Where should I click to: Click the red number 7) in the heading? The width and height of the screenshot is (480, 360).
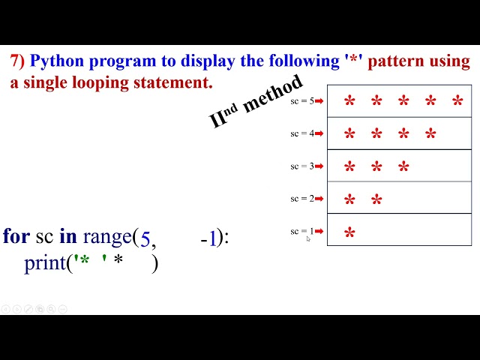pos(17,62)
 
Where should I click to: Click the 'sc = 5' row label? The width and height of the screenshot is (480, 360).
pos(303,100)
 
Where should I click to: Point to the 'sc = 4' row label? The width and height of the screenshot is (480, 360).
pos(303,133)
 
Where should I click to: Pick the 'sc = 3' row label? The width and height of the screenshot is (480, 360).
pos(303,166)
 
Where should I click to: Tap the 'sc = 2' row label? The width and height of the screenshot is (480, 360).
pos(303,199)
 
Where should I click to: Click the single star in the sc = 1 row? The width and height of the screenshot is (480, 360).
pos(349,234)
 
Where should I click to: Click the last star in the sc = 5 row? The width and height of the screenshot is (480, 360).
pos(457,102)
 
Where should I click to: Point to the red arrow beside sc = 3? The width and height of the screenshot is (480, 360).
pos(319,166)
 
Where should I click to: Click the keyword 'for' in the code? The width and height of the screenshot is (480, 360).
pos(16,236)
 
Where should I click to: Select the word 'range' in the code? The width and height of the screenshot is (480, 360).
pos(106,238)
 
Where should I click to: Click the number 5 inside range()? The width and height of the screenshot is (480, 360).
pos(145,239)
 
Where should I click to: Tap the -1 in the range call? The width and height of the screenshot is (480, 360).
pos(209,238)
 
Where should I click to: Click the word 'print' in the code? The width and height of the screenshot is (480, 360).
pos(45,263)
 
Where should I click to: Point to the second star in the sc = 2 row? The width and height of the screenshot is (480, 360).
pos(376,200)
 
